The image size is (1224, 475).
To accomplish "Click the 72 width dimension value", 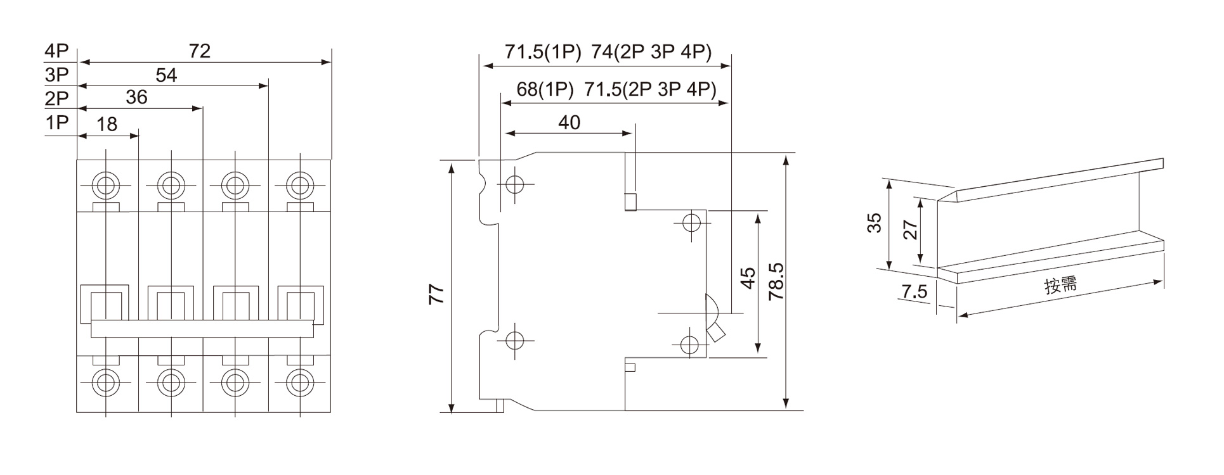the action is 199,51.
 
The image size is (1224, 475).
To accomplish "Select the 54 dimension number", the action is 166,75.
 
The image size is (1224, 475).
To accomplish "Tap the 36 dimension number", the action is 136,97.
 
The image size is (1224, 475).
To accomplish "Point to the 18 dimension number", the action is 107,124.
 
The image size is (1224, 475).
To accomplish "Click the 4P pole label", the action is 56,51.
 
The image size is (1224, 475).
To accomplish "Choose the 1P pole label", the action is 56,122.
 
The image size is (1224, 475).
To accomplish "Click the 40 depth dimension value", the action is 569,122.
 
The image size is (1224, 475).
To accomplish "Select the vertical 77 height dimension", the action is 436,294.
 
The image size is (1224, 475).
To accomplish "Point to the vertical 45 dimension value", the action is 748,278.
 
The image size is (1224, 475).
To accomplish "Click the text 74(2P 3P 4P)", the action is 651,52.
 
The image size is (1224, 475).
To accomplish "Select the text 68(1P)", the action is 545,89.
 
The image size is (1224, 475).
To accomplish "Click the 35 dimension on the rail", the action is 875,223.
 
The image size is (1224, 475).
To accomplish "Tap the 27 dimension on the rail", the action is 910,229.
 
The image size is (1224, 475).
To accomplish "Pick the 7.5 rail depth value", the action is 914,291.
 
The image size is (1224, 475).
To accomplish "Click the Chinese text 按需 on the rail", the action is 1061,286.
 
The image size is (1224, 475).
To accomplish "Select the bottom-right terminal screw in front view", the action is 299,382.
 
